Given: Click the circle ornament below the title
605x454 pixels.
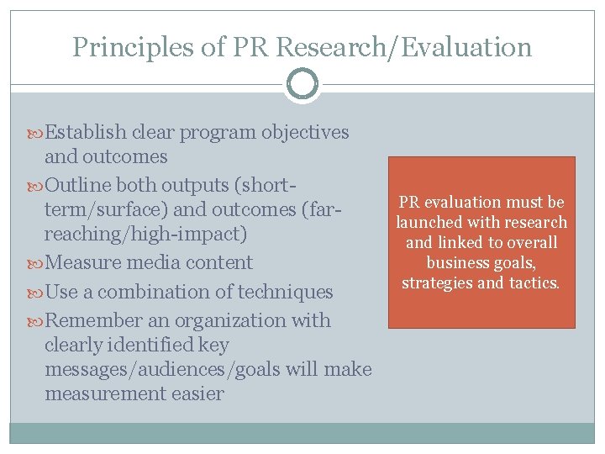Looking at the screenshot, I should point(302,85).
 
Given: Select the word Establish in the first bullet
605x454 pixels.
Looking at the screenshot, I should point(86,132).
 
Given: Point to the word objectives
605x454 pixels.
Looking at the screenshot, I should point(306,132).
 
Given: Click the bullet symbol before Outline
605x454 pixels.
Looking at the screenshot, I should point(37,185).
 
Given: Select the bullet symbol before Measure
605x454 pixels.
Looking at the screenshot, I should point(37,263).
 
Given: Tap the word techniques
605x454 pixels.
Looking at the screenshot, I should point(286,292).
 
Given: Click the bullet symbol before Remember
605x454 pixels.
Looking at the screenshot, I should point(37,321).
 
